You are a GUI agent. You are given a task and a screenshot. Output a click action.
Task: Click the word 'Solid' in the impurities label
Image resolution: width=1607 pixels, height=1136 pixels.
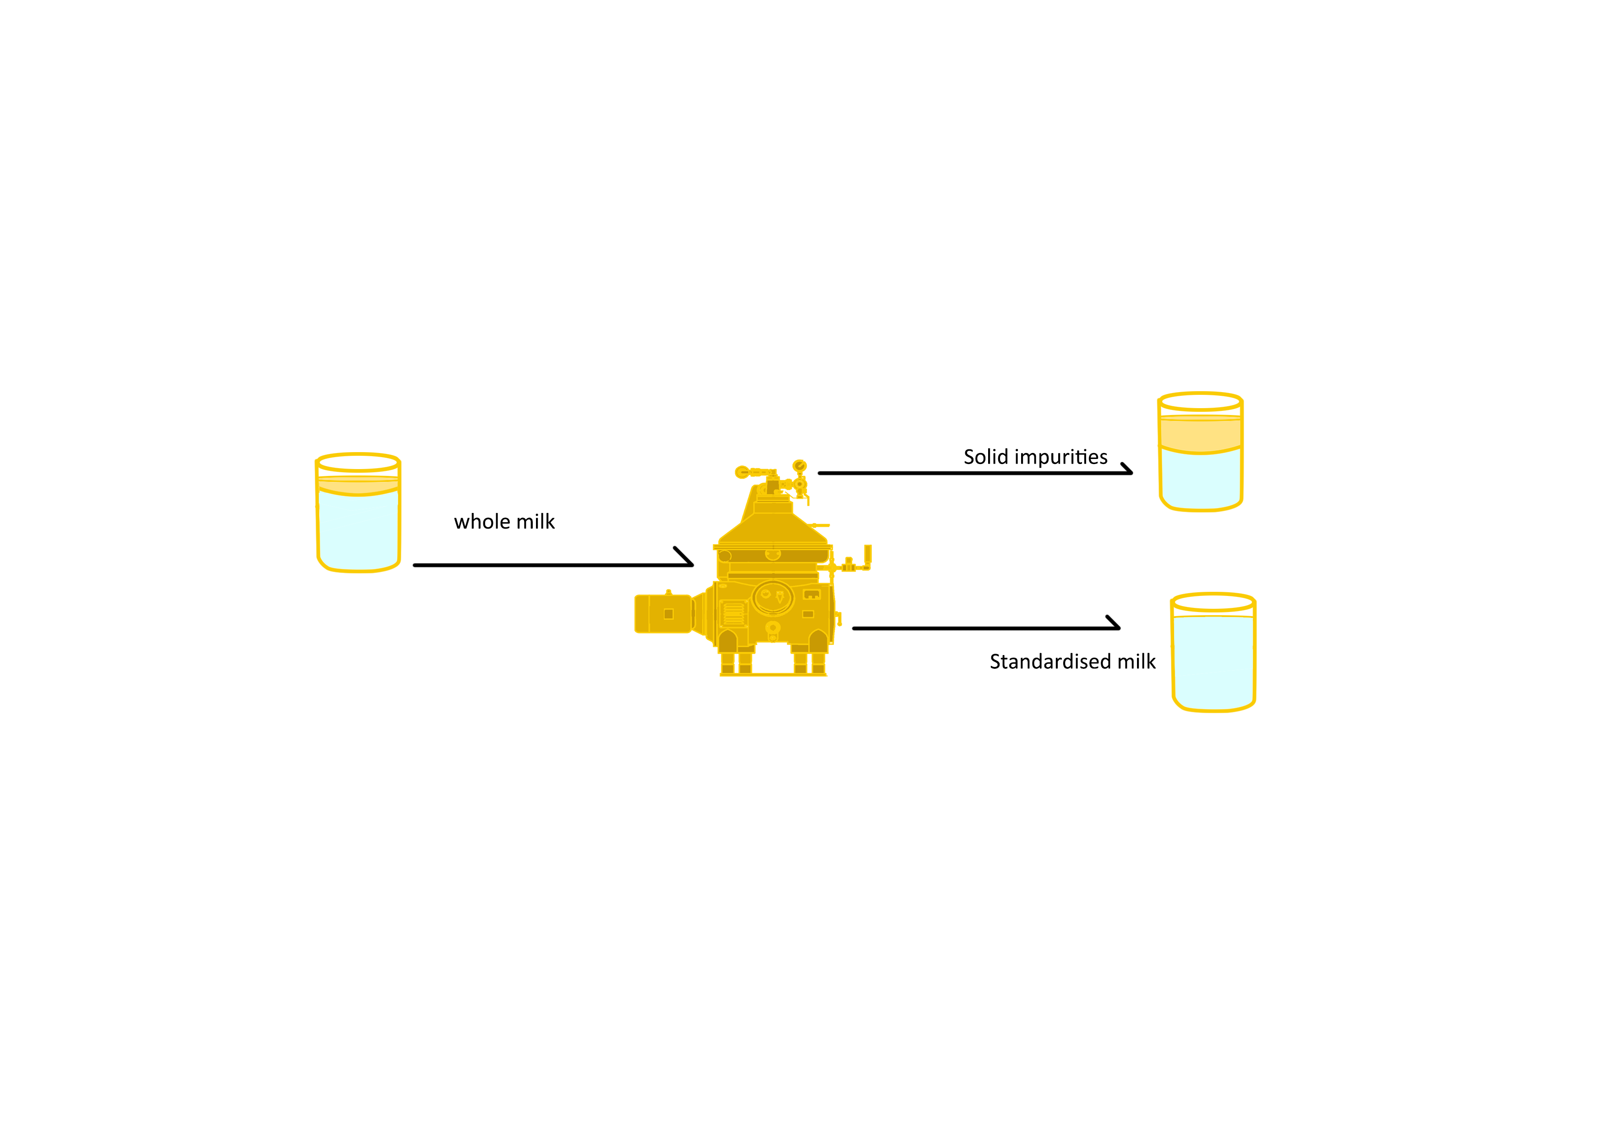[x=985, y=457]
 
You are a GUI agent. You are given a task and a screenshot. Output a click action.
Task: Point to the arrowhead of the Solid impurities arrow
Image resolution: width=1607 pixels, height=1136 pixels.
[x=1127, y=470]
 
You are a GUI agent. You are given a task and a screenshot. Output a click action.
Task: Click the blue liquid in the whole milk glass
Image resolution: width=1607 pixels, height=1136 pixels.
[x=358, y=532]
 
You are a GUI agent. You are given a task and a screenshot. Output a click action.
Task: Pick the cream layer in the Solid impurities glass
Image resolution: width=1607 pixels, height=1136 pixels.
[x=1200, y=434]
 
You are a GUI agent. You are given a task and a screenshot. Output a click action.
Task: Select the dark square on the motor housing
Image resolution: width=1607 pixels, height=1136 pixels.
[x=668, y=614]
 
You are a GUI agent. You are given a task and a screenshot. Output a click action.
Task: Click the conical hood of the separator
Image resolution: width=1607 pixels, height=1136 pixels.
[x=773, y=529]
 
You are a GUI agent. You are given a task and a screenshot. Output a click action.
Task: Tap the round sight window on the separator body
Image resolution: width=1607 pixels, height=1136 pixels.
[x=773, y=598]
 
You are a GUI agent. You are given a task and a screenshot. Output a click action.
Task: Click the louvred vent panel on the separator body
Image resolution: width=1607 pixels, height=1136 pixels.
[x=733, y=614]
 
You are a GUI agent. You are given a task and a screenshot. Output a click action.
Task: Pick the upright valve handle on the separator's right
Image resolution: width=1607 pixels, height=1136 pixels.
[x=868, y=554]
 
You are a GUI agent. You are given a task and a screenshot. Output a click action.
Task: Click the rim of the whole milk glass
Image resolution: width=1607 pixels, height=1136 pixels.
[x=358, y=463]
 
